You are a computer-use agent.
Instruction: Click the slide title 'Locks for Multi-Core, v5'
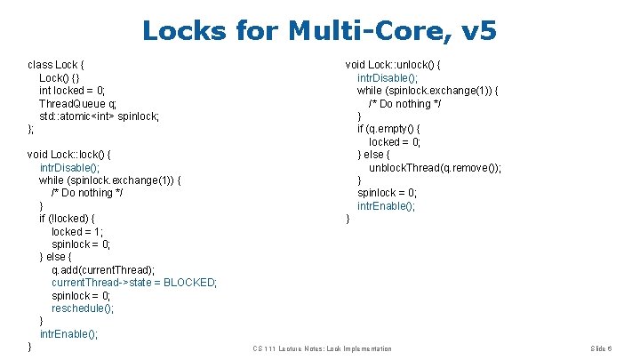(319, 31)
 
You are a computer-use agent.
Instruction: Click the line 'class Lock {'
(56, 65)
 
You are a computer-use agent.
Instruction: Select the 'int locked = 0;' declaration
(72, 91)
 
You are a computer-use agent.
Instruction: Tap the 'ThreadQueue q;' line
(77, 103)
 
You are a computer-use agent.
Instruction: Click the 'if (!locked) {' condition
(68, 219)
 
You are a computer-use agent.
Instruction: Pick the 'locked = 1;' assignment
(77, 231)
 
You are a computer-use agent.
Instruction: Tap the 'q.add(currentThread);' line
(103, 269)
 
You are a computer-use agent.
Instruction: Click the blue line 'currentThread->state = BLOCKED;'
(134, 283)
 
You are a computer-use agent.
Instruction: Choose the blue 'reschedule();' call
(83, 308)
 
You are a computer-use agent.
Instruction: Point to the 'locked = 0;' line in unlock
(395, 141)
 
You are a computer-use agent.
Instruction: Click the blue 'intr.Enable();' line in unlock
(386, 206)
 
